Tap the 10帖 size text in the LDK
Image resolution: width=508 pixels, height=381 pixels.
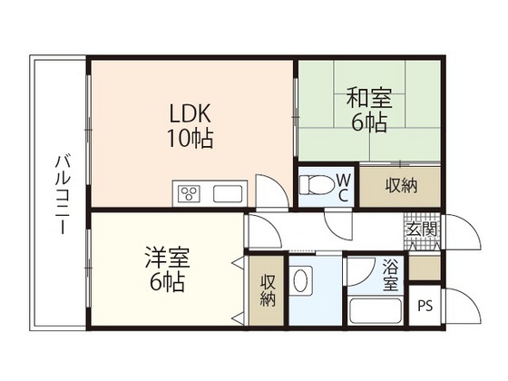[190, 141]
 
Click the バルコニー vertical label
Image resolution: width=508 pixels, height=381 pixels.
[61, 194]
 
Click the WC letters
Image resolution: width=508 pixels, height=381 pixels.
[344, 186]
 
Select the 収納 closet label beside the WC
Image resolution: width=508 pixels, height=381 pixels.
[401, 186]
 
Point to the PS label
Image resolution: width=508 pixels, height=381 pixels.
[425, 306]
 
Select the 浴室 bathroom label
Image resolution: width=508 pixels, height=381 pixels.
[390, 274]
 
